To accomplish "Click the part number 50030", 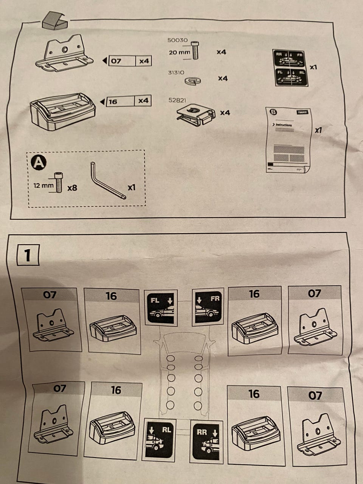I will tap(177, 40).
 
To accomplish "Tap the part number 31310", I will tap(177, 71).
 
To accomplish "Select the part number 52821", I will tap(177, 100).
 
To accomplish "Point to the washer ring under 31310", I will tap(193, 80).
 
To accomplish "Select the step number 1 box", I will tap(27, 255).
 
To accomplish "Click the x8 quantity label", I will tap(72, 187).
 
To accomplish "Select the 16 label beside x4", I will tap(113, 101).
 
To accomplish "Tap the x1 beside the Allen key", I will tap(131, 187).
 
